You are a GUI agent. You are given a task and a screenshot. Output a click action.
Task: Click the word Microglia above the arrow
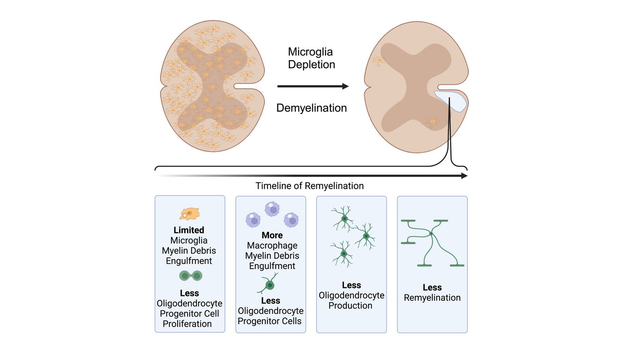310,52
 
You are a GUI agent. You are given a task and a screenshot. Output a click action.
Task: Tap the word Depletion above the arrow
311,65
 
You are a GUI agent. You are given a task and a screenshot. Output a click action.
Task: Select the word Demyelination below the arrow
311,108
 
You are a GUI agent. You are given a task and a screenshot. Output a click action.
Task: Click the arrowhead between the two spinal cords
345,86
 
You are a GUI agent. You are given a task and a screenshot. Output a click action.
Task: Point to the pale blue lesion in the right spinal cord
451,101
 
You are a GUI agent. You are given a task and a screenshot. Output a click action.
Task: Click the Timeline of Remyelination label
309,186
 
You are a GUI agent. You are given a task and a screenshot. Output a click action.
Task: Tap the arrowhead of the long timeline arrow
464,176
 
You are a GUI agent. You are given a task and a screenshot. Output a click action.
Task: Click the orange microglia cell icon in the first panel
190,213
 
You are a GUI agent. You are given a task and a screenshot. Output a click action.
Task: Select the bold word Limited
189,230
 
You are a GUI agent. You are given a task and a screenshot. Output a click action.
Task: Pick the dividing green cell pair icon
190,276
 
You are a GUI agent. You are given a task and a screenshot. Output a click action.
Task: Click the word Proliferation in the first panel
187,324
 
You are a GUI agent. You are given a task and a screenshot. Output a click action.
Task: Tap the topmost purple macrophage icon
272,209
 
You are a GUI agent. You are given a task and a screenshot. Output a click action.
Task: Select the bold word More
272,235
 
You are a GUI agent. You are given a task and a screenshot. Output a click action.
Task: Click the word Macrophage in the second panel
272,246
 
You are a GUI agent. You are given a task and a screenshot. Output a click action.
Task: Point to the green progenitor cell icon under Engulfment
269,285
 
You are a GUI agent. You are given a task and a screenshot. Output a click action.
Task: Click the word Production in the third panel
350,306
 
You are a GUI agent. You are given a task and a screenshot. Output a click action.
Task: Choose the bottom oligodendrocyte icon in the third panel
343,254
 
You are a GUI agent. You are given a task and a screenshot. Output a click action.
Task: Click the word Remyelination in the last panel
432,298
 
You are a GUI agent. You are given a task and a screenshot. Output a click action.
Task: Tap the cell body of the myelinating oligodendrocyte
431,234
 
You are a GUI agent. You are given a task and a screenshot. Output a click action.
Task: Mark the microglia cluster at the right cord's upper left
378,60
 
